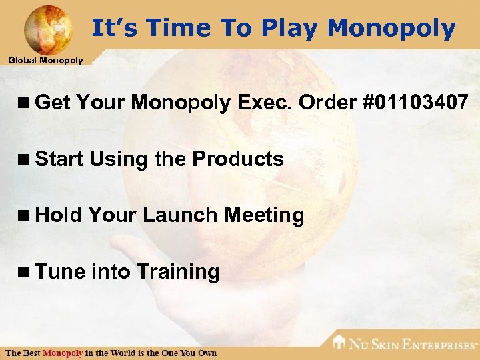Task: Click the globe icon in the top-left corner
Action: point(48,28)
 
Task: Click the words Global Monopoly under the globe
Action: point(45,61)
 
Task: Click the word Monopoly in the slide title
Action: point(391,28)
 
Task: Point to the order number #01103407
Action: point(415,103)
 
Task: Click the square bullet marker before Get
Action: point(26,103)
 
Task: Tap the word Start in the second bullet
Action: point(59,159)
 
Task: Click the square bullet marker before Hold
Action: point(26,215)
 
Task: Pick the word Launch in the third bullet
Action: point(180,215)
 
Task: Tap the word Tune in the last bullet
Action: point(60,271)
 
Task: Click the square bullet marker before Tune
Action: point(26,272)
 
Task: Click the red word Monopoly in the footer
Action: point(63,352)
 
